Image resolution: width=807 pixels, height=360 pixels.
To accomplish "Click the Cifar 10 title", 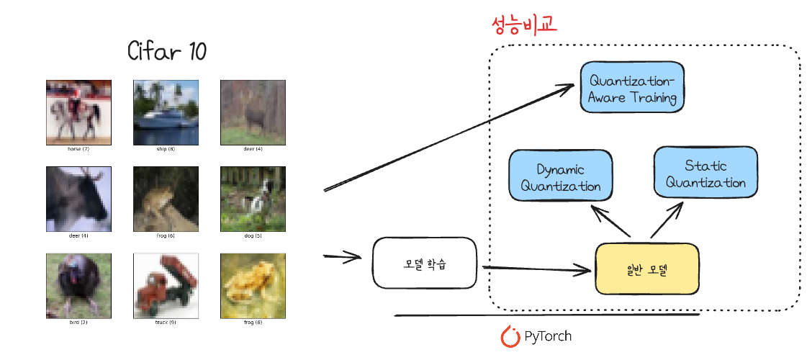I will point(167,52).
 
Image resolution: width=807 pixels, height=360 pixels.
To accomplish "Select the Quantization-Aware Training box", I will point(633,88).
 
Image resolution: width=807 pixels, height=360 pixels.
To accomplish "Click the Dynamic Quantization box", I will point(560,177).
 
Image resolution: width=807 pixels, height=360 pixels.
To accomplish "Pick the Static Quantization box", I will point(705,174).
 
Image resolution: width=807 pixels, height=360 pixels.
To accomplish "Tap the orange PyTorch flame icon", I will point(510,336).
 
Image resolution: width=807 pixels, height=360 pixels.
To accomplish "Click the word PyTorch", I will point(548,336).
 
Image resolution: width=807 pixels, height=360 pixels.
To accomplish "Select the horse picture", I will point(79,112).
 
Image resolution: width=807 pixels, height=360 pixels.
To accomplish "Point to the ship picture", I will point(166,112).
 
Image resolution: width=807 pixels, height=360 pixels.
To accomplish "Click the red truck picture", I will point(166,286).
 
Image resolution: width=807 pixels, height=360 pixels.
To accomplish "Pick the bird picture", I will point(79,286).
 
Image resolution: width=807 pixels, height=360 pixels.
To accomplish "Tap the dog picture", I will point(253,199).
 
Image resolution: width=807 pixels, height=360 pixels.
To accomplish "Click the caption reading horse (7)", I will point(79,149).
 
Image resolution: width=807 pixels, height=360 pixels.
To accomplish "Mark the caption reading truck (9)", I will point(166,323).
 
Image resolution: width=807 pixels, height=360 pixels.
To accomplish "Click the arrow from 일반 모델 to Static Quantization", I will point(666,220).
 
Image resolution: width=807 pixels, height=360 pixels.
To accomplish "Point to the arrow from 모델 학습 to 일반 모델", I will point(536,269).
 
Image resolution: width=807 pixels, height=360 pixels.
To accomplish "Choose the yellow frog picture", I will point(253,286).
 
